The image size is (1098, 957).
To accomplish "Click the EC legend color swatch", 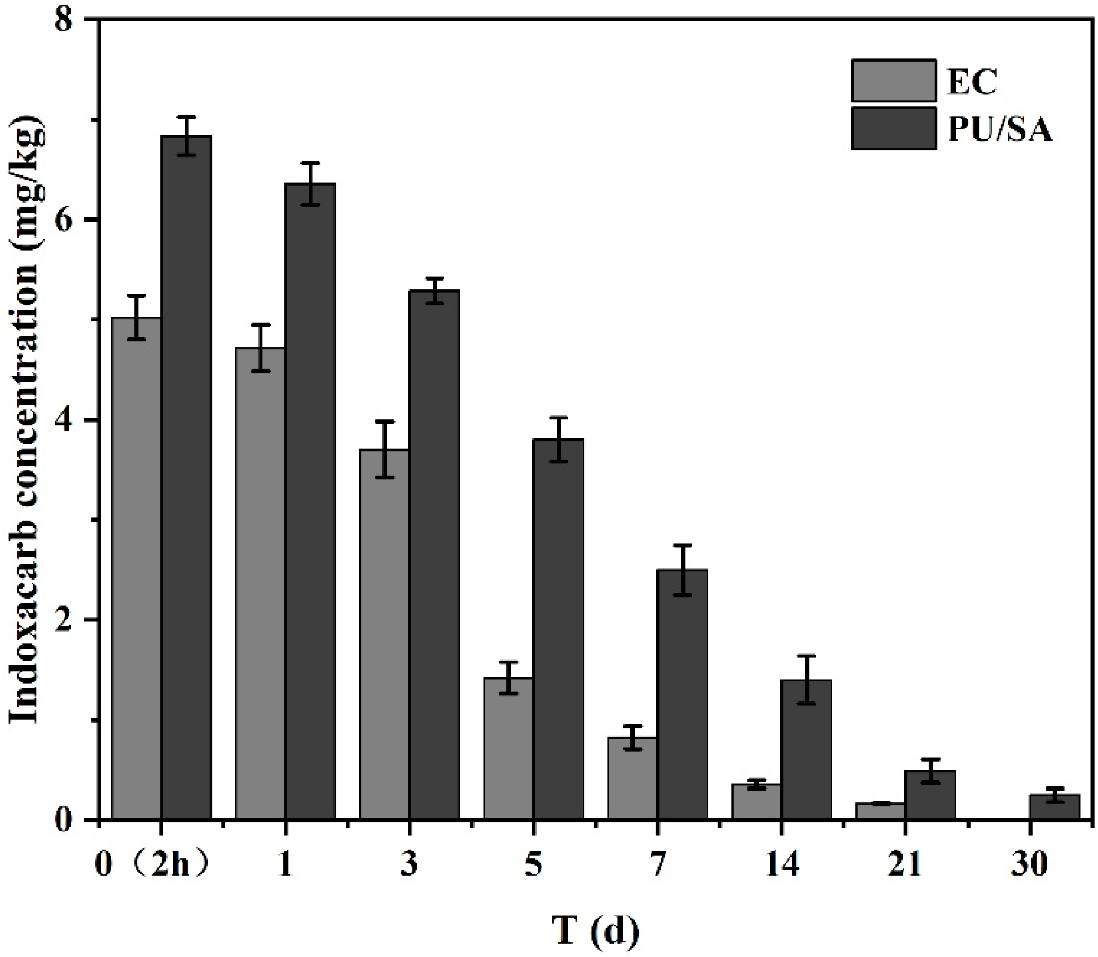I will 893,80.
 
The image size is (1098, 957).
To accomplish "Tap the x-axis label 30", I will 1029,864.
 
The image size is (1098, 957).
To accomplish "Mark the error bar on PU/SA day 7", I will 682,570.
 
